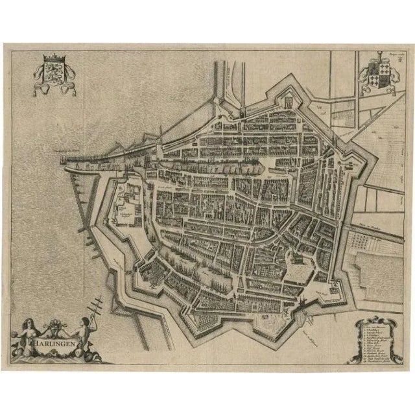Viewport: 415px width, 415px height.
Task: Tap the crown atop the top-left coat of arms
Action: point(50,59)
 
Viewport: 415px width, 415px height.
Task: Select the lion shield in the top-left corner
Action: point(50,73)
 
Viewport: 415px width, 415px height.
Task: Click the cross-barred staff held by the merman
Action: point(99,302)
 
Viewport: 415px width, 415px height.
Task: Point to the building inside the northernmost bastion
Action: point(286,102)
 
